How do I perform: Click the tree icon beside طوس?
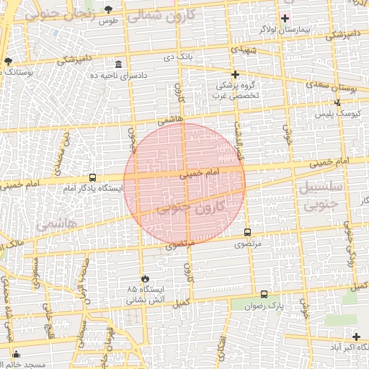[x=108, y=9]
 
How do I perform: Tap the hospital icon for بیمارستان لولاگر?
[x=285, y=18]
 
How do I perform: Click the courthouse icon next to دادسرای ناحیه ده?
[x=118, y=64]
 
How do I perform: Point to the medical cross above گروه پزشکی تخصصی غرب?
[x=234, y=74]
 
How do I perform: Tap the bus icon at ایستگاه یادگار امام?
[x=92, y=177]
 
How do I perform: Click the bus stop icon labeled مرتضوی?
[x=248, y=233]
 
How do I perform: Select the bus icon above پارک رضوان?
[x=264, y=295]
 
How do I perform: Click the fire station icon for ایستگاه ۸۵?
[x=145, y=278]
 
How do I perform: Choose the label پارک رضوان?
[x=264, y=306]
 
